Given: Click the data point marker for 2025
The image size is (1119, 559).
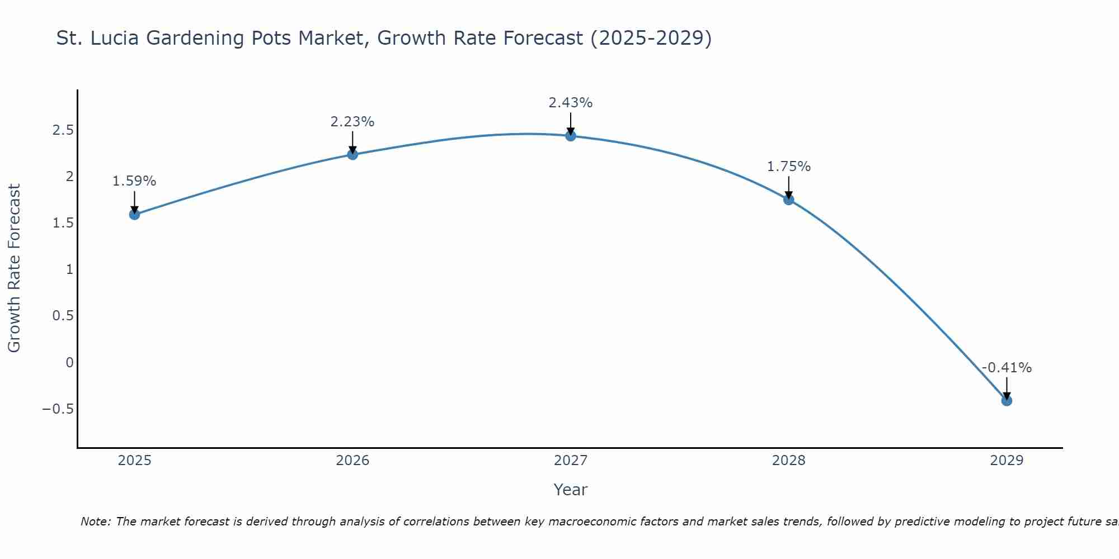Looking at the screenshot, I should [134, 214].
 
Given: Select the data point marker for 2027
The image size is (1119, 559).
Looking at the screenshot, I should [570, 136].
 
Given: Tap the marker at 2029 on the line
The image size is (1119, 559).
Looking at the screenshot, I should [1007, 400].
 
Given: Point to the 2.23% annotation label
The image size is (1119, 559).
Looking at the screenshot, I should [352, 121].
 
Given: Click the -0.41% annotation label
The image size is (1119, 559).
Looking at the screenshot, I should [1007, 367].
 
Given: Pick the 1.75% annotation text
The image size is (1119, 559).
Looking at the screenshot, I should [788, 166].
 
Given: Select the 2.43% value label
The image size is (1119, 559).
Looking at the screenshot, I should [570, 103].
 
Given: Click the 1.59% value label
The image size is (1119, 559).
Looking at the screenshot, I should [134, 181].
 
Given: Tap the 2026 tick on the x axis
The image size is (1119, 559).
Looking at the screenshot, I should [352, 461].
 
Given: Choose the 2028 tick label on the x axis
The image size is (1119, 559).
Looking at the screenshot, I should [788, 461].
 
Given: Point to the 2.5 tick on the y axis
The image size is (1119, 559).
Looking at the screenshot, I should [63, 130].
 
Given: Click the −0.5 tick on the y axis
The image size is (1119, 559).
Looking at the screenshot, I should [58, 409].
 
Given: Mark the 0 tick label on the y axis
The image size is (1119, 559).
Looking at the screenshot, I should [69, 362].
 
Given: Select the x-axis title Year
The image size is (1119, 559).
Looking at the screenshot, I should [570, 490].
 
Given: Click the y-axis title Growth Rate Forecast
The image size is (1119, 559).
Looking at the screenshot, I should [14, 268].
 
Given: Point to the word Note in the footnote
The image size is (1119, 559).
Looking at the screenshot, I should [95, 522].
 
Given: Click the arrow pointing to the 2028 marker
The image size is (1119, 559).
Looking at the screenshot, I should [788, 188].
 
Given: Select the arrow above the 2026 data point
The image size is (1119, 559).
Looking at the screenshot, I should [352, 143].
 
